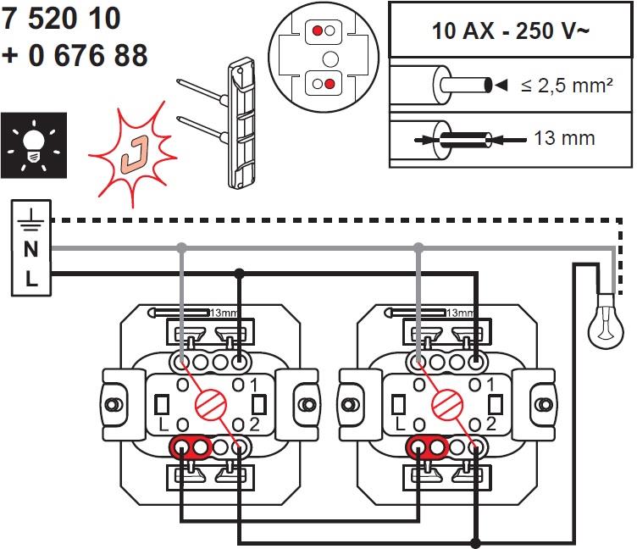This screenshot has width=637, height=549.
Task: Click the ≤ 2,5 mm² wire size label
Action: pyautogui.click(x=567, y=86)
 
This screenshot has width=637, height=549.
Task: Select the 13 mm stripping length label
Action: pyautogui.click(x=564, y=137)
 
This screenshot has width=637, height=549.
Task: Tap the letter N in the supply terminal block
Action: pyautogui.click(x=31, y=249)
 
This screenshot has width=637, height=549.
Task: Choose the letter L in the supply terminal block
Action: pyautogui.click(x=31, y=278)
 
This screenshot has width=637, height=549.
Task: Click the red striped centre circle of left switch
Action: pyautogui.click(x=204, y=402)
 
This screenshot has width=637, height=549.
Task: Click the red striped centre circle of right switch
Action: pyautogui.click(x=441, y=402)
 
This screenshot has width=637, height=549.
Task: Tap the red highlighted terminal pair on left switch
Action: pyautogui.click(x=191, y=446)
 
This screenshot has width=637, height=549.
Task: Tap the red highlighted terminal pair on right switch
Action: pyautogui.click(x=428, y=446)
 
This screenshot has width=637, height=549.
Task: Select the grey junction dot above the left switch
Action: pyautogui.click(x=181, y=248)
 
